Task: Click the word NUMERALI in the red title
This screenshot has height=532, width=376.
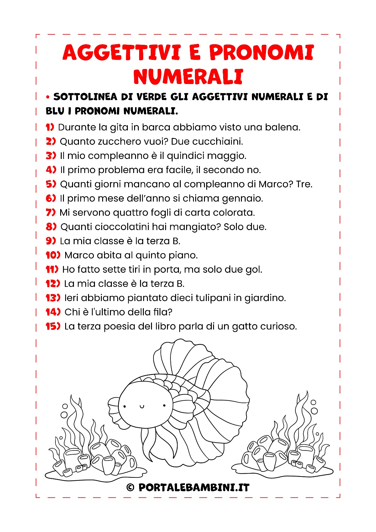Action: (x=188, y=76)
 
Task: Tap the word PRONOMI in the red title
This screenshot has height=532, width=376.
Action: (x=262, y=52)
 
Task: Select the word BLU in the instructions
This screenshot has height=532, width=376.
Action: (x=55, y=111)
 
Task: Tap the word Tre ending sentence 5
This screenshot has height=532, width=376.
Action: (x=304, y=184)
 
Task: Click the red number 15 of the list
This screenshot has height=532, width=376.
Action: (x=52, y=326)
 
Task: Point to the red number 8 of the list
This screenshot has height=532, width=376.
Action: (x=51, y=227)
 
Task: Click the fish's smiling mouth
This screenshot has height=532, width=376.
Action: (x=142, y=407)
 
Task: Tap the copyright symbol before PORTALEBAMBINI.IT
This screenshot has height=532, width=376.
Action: (x=130, y=487)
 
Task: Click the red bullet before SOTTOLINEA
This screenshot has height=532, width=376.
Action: (x=48, y=97)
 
